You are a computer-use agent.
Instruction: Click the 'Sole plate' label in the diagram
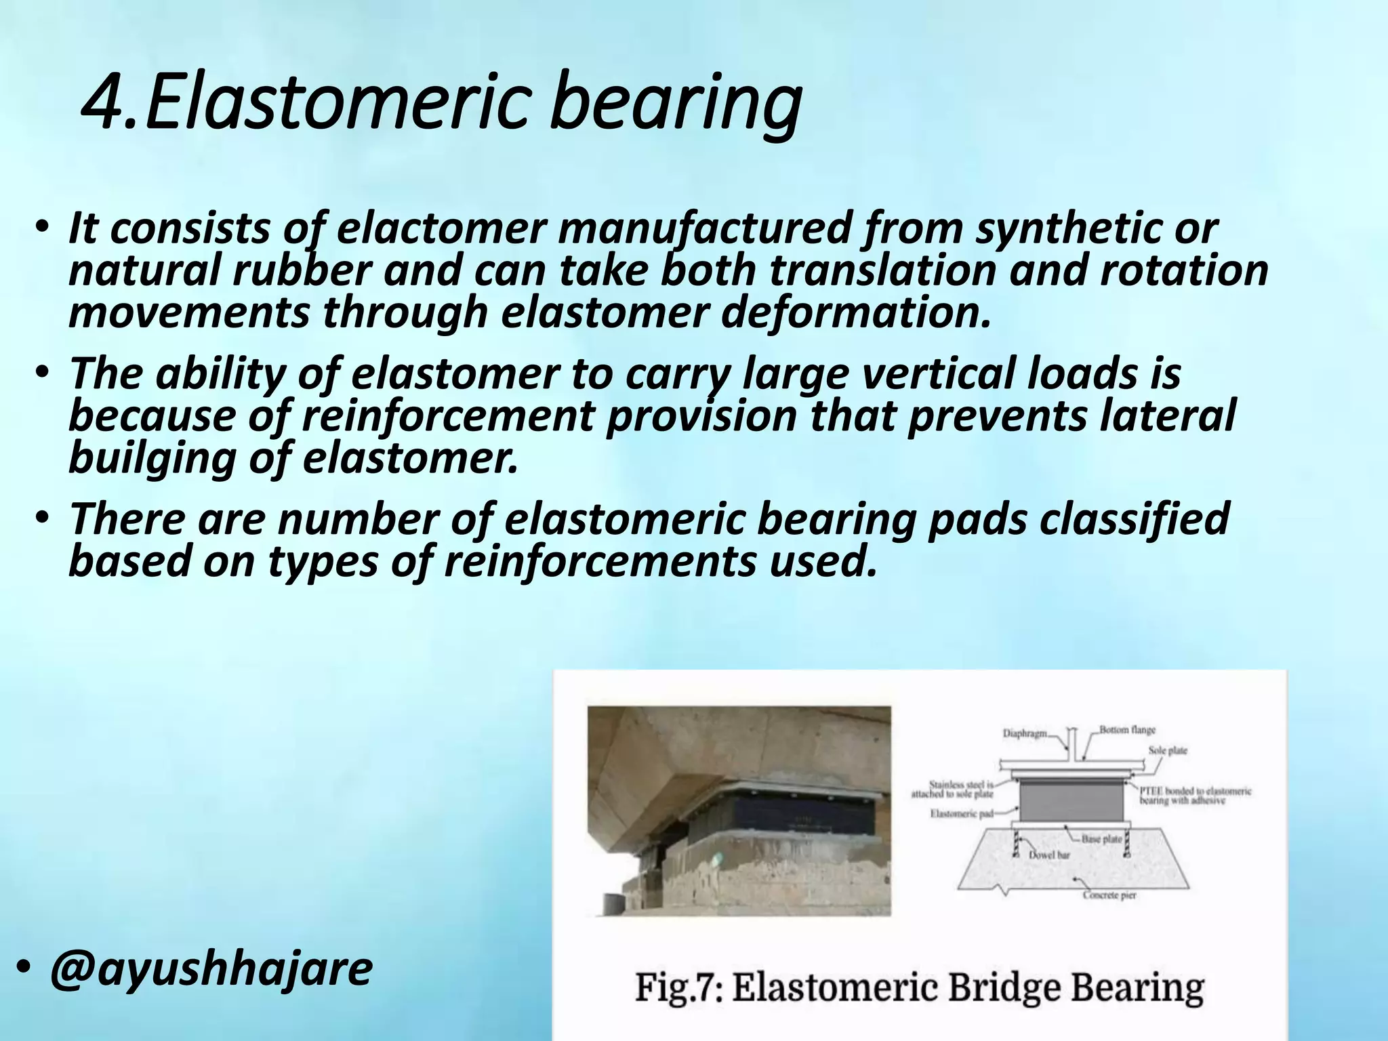(1168, 750)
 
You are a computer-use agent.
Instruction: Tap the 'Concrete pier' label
(1109, 895)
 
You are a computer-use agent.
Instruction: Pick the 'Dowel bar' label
(1050, 855)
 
